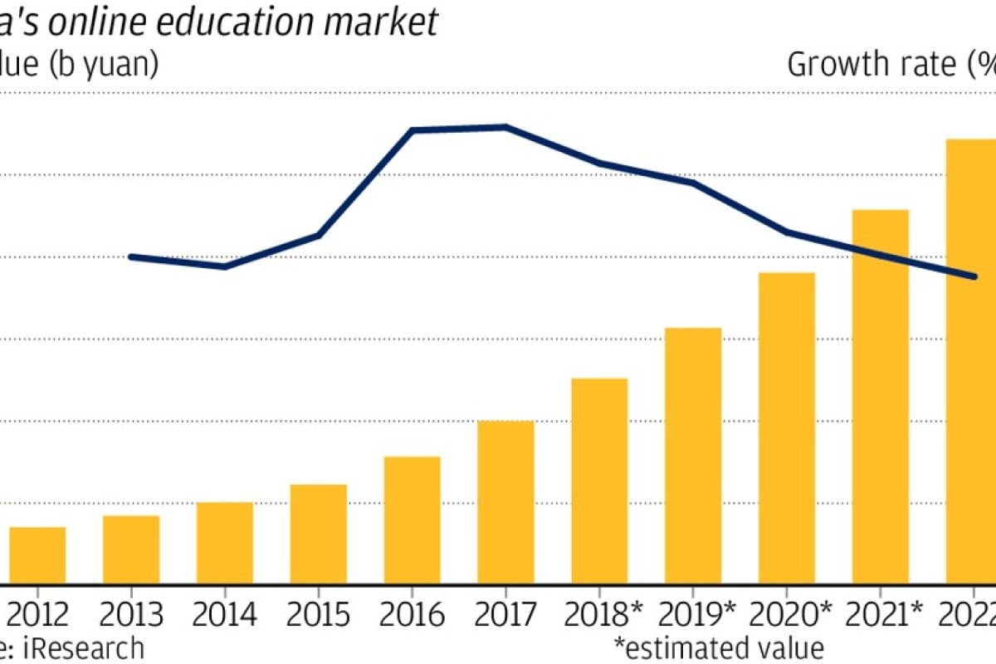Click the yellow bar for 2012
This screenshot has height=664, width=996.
tap(37, 555)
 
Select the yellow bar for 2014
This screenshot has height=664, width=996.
tap(225, 543)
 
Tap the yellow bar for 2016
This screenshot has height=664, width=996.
tap(413, 520)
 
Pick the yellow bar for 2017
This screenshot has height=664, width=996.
tap(506, 502)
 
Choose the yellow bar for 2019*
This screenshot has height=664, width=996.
tap(694, 456)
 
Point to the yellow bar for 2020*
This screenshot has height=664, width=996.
tap(787, 428)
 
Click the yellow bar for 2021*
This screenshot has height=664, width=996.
tap(881, 397)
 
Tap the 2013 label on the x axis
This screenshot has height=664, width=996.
tap(131, 616)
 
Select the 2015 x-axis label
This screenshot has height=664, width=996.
tap(318, 616)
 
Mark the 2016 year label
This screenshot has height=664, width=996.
tap(412, 616)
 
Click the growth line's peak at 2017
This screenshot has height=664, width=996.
tap(505, 127)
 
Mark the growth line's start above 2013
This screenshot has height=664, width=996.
tap(132, 256)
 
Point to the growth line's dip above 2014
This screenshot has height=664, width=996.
tap(225, 266)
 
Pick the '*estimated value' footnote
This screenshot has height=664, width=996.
tap(719, 647)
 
